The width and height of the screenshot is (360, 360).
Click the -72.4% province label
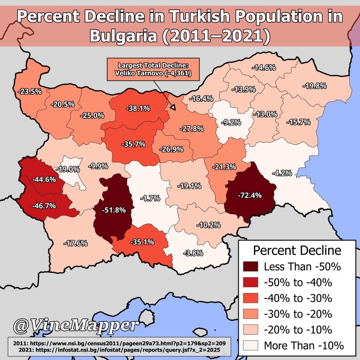pyautogui.click(x=251, y=195)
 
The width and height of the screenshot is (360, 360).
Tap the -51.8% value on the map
pyautogui.click(x=112, y=210)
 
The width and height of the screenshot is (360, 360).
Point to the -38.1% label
pyautogui.click(x=138, y=109)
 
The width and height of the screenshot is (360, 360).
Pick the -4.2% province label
pyautogui.click(x=282, y=174)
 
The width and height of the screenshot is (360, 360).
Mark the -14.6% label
pyautogui.click(x=264, y=67)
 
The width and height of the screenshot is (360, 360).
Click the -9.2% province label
pyautogui.click(x=231, y=122)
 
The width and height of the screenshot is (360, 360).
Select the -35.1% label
pyautogui.click(x=143, y=241)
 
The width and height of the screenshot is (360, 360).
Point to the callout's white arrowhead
pyautogui.click(x=173, y=108)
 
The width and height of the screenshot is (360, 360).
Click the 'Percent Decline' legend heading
pyautogui.click(x=297, y=251)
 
